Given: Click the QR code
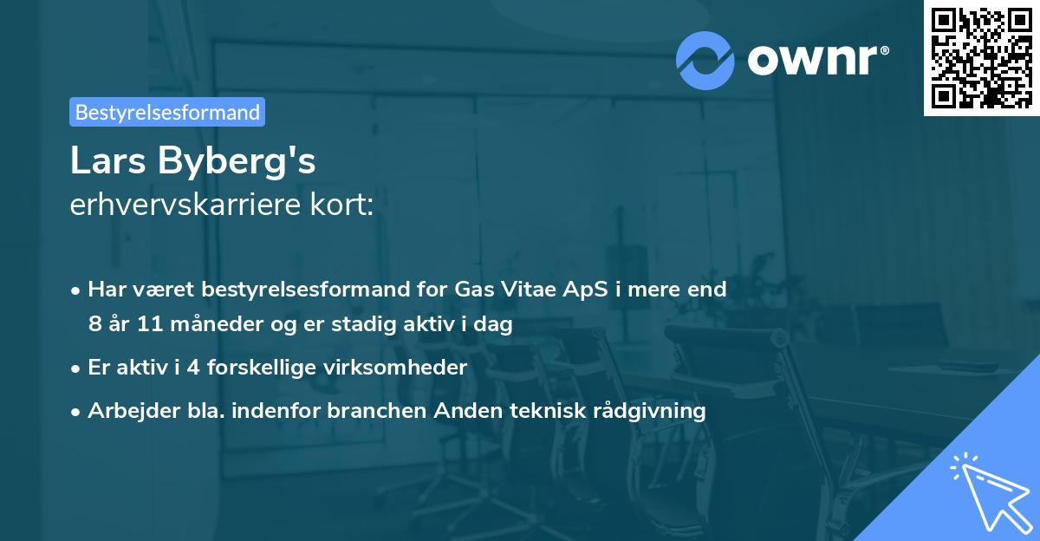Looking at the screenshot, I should coord(981,58).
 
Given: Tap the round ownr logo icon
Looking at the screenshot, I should coord(705,60).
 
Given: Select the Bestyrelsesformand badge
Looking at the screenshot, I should coord(167,112).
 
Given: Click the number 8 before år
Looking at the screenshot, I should coord(94,325).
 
